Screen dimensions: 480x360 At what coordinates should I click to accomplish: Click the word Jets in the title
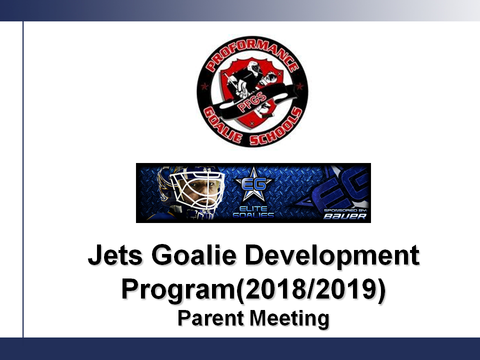tap(115, 255)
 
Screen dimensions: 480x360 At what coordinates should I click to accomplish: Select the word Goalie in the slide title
tap(194, 254)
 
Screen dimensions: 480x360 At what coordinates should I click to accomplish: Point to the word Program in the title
tap(178, 290)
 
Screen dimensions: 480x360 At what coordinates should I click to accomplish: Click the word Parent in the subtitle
tap(210, 318)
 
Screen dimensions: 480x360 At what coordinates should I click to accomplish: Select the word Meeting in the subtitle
tap(289, 319)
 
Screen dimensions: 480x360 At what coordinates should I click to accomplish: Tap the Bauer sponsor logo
tap(345, 216)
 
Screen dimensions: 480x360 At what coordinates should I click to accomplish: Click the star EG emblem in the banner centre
tap(253, 184)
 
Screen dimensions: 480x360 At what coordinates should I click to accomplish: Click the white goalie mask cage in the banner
tap(197, 190)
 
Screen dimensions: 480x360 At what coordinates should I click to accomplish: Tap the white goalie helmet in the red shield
tap(254, 68)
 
